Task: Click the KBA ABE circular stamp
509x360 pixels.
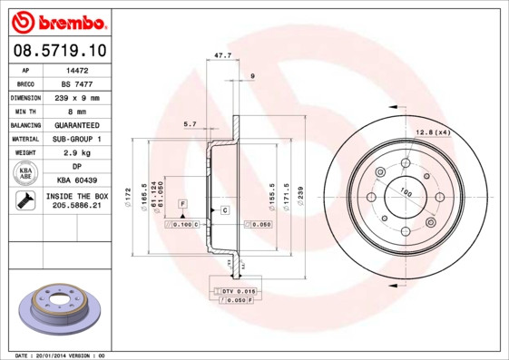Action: point(25,173)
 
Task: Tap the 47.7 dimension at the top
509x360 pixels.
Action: point(221,56)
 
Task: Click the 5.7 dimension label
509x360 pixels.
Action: point(190,124)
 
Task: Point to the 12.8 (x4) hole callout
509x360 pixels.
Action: point(433,133)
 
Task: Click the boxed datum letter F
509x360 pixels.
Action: point(182,203)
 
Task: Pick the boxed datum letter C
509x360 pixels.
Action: point(224,210)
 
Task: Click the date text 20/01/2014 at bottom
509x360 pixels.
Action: point(51,355)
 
